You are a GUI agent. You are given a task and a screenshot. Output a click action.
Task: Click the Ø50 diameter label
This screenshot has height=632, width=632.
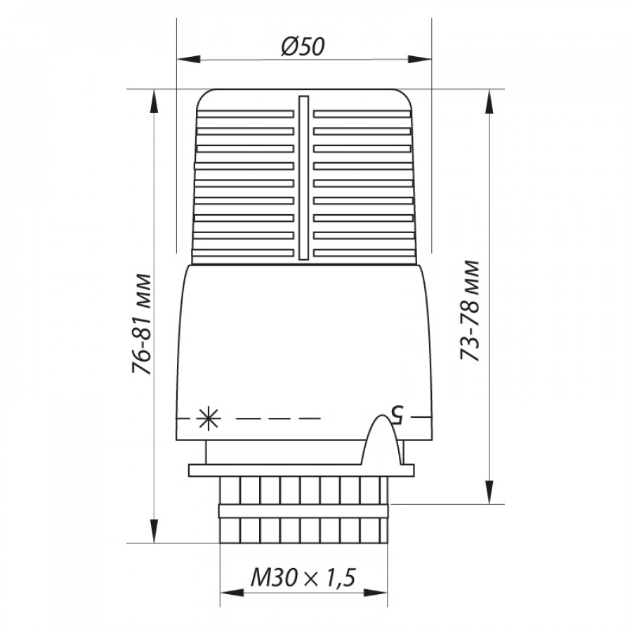click(x=303, y=46)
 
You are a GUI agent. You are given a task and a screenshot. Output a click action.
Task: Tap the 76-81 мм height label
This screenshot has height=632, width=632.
click(x=142, y=324)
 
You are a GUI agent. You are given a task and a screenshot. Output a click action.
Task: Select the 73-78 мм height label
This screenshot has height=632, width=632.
click(x=470, y=311)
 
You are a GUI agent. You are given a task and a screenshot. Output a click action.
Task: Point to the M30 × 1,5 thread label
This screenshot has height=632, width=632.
click(x=303, y=577)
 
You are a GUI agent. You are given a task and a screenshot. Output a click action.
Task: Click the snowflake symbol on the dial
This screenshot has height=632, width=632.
click(x=209, y=419)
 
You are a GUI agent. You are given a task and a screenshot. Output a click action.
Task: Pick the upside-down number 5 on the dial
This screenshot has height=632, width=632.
click(x=395, y=415)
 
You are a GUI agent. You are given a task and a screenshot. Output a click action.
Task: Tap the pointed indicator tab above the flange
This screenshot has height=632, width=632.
click(x=381, y=440)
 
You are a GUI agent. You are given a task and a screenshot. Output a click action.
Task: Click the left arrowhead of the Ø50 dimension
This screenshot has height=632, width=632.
click(x=189, y=59)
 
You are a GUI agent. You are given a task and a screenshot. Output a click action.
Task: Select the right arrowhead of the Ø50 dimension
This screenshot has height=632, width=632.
click(x=420, y=59)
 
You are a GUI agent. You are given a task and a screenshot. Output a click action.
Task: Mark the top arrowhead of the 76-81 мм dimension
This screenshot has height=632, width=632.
click(x=154, y=102)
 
